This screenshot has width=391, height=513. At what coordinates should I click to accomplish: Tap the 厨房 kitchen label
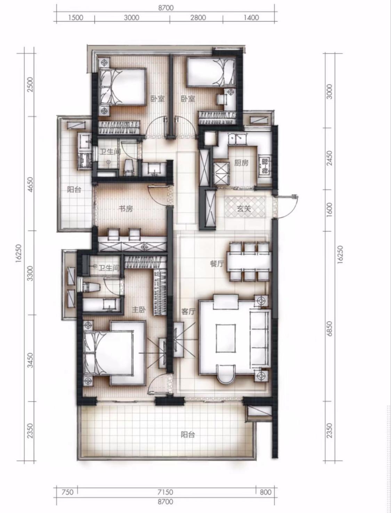tap(242, 163)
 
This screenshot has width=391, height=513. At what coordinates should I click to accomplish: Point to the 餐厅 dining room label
tap(217, 264)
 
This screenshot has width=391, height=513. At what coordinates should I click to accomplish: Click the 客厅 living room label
tap(188, 311)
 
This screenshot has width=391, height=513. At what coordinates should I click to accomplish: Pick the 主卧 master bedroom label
tap(139, 310)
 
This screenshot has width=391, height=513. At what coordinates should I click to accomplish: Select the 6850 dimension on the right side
tap(329, 328)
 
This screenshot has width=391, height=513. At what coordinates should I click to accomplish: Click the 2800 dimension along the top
tap(198, 17)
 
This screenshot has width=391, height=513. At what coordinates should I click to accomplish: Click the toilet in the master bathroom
tap(91, 287)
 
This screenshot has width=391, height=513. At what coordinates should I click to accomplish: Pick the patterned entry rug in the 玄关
tap(245, 207)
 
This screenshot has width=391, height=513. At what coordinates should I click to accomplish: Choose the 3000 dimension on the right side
tap(329, 92)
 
